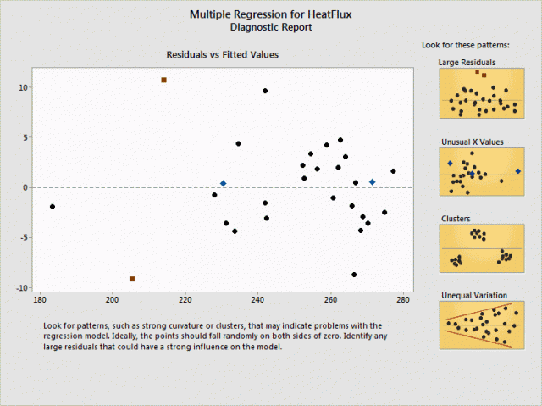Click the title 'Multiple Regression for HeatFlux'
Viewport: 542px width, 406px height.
(271, 14)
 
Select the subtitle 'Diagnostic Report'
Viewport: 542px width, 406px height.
(271, 27)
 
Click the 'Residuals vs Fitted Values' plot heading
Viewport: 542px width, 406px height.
(222, 54)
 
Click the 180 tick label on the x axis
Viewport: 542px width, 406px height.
(39, 299)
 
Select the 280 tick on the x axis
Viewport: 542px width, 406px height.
(404, 299)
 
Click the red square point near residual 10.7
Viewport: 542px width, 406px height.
(163, 80)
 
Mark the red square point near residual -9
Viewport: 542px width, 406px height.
(132, 279)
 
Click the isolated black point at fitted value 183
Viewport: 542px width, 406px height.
(53, 207)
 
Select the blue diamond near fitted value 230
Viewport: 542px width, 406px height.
(223, 183)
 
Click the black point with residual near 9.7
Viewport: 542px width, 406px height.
(265, 91)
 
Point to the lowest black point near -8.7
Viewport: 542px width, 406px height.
(354, 275)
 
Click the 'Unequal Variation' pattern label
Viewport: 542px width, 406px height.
(473, 295)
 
